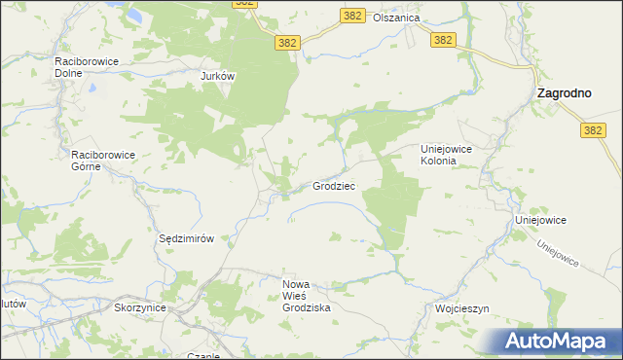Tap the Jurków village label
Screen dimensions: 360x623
point(219,76)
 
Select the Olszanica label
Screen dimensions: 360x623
point(399,18)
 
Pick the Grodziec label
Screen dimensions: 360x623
point(334,185)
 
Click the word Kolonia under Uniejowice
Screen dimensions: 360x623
point(437,162)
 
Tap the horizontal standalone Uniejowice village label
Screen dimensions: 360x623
point(540,221)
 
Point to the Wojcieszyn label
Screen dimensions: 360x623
point(461,307)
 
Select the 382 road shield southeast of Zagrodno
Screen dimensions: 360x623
point(592,129)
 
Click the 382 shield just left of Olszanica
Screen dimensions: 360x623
point(353,16)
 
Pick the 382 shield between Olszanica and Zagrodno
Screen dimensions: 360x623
point(443,39)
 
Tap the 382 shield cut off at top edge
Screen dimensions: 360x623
point(246,4)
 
